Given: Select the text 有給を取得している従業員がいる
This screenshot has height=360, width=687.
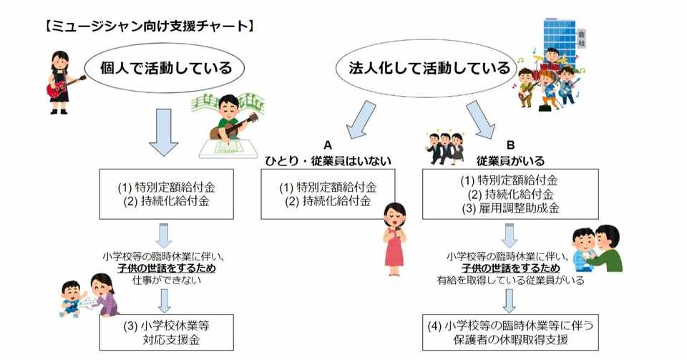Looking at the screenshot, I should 510,280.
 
